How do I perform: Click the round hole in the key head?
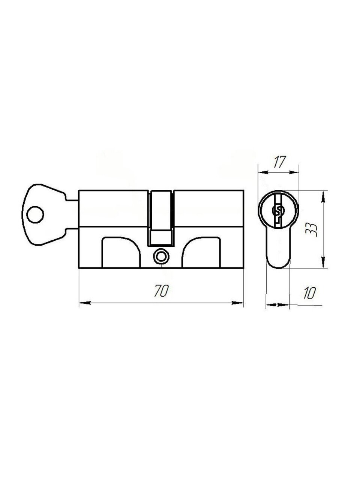pos(35,214)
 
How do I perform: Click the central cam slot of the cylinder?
pos(161,218)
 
